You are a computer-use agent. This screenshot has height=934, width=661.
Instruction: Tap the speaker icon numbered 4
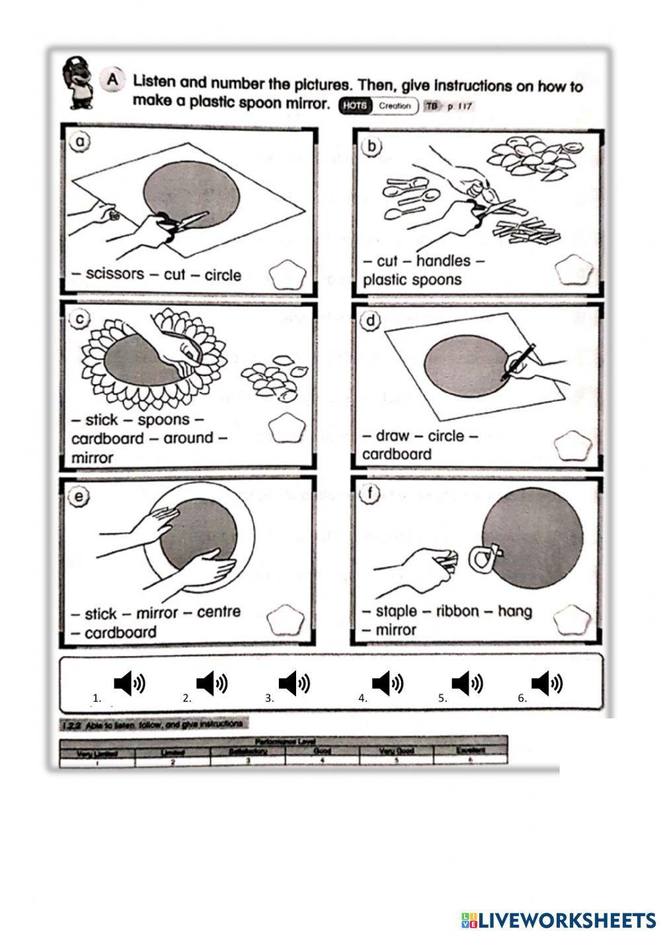(387, 683)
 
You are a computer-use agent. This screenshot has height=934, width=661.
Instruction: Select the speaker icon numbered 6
(547, 683)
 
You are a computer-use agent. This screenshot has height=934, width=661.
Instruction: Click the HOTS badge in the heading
(354, 106)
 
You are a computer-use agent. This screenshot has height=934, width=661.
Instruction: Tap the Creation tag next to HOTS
(395, 106)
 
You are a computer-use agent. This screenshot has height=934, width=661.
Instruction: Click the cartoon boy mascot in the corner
(77, 83)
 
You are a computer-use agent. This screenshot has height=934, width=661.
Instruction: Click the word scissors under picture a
(114, 274)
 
